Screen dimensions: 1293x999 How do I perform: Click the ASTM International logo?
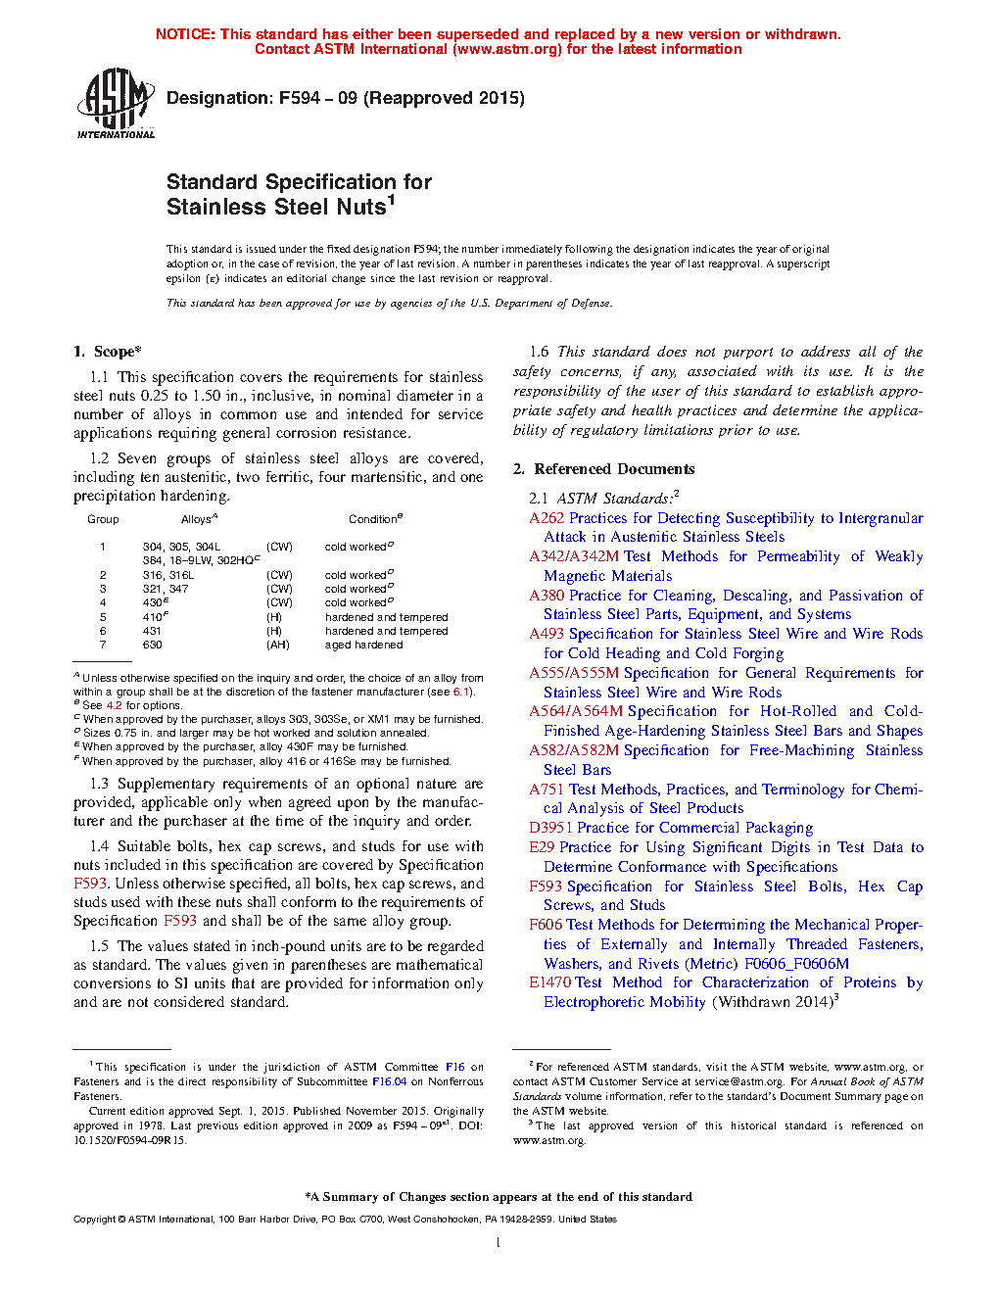pos(115,103)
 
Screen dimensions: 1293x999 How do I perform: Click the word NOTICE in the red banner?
pos(184,34)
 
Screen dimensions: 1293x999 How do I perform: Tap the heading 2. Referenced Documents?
pos(603,469)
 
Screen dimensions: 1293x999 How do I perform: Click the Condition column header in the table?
pos(375,519)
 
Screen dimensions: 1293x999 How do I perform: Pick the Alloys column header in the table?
pos(199,519)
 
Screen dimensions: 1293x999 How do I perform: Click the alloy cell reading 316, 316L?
pos(168,575)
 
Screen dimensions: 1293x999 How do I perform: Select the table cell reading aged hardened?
pos(363,645)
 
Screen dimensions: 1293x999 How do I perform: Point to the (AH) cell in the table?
pos(278,645)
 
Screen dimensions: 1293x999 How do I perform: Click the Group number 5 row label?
pos(103,617)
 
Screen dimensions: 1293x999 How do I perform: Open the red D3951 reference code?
pos(550,828)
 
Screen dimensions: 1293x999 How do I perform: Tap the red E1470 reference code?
pos(550,982)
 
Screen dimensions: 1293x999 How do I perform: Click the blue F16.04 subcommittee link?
pos(389,1081)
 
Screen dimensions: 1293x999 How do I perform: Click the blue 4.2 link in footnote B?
pos(114,705)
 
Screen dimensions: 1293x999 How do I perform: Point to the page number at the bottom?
pos(499,1243)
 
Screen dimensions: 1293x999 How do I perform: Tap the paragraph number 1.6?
pos(539,352)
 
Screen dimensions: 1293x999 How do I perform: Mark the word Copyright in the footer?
pos(94,1220)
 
